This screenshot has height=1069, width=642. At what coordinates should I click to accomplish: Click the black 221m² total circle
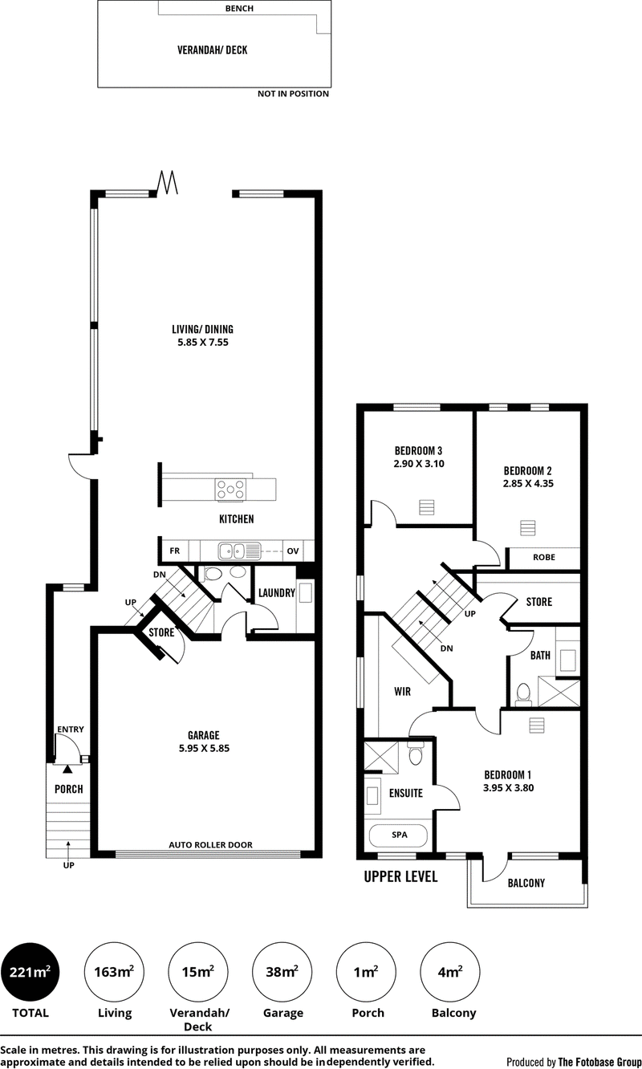tap(30, 972)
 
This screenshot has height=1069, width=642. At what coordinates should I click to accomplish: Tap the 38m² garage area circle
tap(282, 972)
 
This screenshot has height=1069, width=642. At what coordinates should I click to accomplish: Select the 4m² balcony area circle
tap(449, 972)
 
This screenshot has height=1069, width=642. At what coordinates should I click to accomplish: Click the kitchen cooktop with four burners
tap(230, 490)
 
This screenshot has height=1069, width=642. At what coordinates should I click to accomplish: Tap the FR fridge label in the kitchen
tap(175, 551)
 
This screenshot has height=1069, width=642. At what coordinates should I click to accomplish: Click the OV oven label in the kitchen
tap(293, 551)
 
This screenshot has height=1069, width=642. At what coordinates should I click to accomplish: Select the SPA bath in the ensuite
tap(398, 835)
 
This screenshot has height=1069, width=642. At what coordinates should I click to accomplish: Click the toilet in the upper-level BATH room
tap(523, 694)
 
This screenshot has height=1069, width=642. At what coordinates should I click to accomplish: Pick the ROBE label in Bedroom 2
tap(544, 557)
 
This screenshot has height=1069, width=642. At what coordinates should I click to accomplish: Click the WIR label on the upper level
tap(402, 691)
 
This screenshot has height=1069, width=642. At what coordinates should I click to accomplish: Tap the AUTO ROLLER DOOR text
tap(210, 845)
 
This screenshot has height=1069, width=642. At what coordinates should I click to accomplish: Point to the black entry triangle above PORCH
tap(67, 769)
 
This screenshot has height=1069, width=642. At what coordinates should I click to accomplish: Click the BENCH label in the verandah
tap(239, 8)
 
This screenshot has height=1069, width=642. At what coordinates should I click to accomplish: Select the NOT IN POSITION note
tap(293, 94)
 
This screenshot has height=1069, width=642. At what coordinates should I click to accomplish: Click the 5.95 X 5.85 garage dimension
tap(205, 748)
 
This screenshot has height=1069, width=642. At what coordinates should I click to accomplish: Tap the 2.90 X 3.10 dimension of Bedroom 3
tap(419, 463)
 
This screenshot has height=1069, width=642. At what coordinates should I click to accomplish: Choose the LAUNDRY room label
tap(277, 593)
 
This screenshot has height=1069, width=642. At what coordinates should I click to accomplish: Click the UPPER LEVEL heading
tap(401, 876)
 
